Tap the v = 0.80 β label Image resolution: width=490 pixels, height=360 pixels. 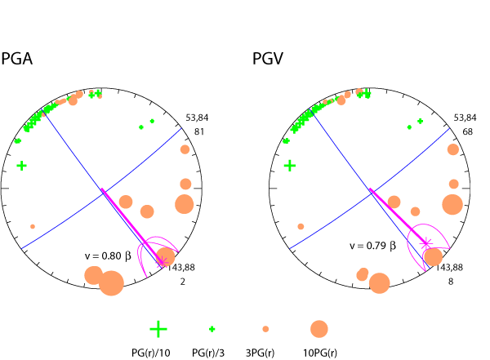point(108,256)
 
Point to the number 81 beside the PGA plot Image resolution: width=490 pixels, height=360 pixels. point(195,132)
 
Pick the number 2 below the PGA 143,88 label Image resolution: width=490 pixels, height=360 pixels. point(185,282)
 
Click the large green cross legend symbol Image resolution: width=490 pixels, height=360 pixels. point(158,329)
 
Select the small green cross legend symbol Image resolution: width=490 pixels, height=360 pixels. point(212,329)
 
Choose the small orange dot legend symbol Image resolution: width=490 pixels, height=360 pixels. point(265,329)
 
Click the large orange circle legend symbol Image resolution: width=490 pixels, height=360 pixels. point(318,329)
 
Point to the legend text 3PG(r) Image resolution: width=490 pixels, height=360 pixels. point(266,353)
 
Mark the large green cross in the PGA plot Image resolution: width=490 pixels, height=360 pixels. point(22,166)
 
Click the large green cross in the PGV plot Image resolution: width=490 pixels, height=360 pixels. point(289,166)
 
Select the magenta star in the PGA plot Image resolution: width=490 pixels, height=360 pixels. point(162,261)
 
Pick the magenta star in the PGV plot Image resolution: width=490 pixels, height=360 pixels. point(425,242)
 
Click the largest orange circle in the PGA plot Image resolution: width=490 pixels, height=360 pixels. point(111,283)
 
